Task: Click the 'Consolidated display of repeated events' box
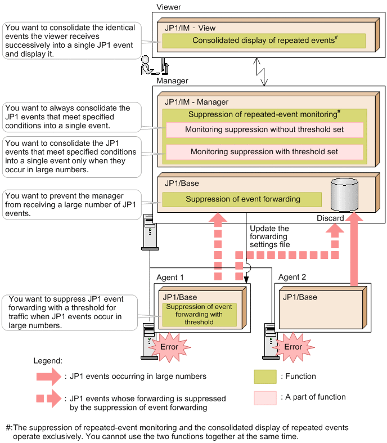(x=264, y=41)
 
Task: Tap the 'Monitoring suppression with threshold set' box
(x=264, y=152)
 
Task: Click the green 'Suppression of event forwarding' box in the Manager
(x=242, y=199)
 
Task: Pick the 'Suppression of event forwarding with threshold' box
(x=200, y=315)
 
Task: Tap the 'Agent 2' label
(x=292, y=277)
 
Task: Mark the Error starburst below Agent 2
(x=292, y=346)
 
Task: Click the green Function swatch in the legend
(x=265, y=376)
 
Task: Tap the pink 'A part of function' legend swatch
(x=265, y=397)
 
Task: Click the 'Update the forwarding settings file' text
(x=269, y=236)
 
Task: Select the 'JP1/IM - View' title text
(x=190, y=28)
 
